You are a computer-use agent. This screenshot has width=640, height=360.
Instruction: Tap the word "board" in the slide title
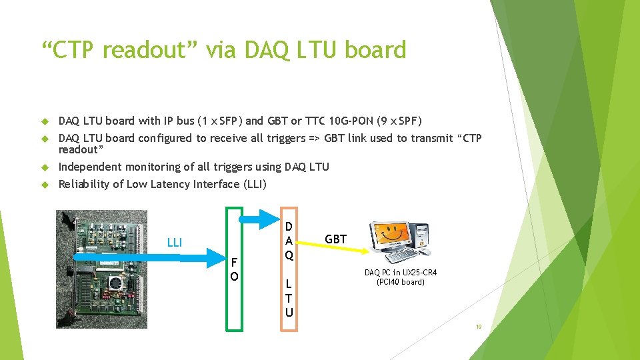click(375, 49)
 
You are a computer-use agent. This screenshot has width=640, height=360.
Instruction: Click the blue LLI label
click(175, 243)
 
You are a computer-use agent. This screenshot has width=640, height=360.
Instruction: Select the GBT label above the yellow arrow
click(335, 239)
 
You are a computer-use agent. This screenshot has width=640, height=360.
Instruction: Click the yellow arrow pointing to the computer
click(333, 247)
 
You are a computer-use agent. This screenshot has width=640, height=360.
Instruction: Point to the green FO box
click(227, 269)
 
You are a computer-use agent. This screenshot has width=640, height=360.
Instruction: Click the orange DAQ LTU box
click(281, 269)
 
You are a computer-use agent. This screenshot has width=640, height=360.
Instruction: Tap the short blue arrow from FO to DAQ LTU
click(259, 219)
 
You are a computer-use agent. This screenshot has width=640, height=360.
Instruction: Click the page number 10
click(479, 327)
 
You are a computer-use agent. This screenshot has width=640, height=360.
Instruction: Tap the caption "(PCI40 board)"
click(401, 282)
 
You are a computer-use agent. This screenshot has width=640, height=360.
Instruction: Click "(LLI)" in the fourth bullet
click(255, 185)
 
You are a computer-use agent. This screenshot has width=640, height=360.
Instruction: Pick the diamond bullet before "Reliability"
click(45, 185)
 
